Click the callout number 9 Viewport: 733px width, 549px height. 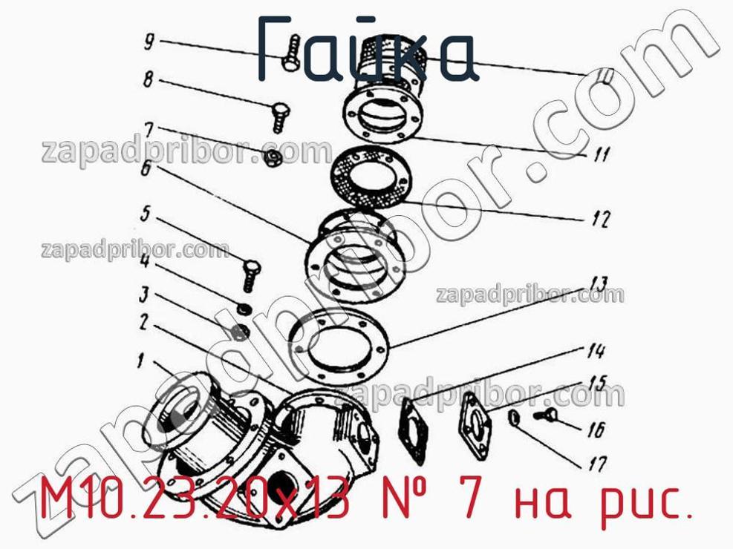[149, 42]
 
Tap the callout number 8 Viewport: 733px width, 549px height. [149, 79]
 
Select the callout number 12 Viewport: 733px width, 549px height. [600, 218]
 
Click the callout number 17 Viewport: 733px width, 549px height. [597, 464]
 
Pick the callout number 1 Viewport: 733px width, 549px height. [140, 360]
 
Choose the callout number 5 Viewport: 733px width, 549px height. [146, 214]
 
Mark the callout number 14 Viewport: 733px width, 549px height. [596, 351]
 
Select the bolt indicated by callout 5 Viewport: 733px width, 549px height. [252, 276]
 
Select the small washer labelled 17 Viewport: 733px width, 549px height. [513, 418]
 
